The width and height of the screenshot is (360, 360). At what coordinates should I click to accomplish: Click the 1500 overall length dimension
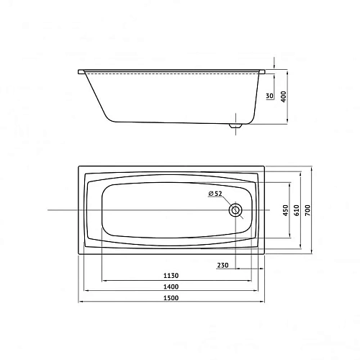click(x=171, y=299)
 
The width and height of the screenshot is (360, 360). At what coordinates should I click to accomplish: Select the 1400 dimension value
click(x=171, y=287)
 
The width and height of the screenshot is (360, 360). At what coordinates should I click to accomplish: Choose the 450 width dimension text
click(x=285, y=210)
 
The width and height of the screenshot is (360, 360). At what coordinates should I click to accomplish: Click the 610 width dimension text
click(x=298, y=210)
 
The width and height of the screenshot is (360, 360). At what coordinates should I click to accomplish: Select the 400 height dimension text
click(x=284, y=97)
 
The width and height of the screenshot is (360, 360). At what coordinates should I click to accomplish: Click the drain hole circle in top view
click(x=235, y=210)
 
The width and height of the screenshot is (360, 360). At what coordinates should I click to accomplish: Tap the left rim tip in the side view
click(x=78, y=71)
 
